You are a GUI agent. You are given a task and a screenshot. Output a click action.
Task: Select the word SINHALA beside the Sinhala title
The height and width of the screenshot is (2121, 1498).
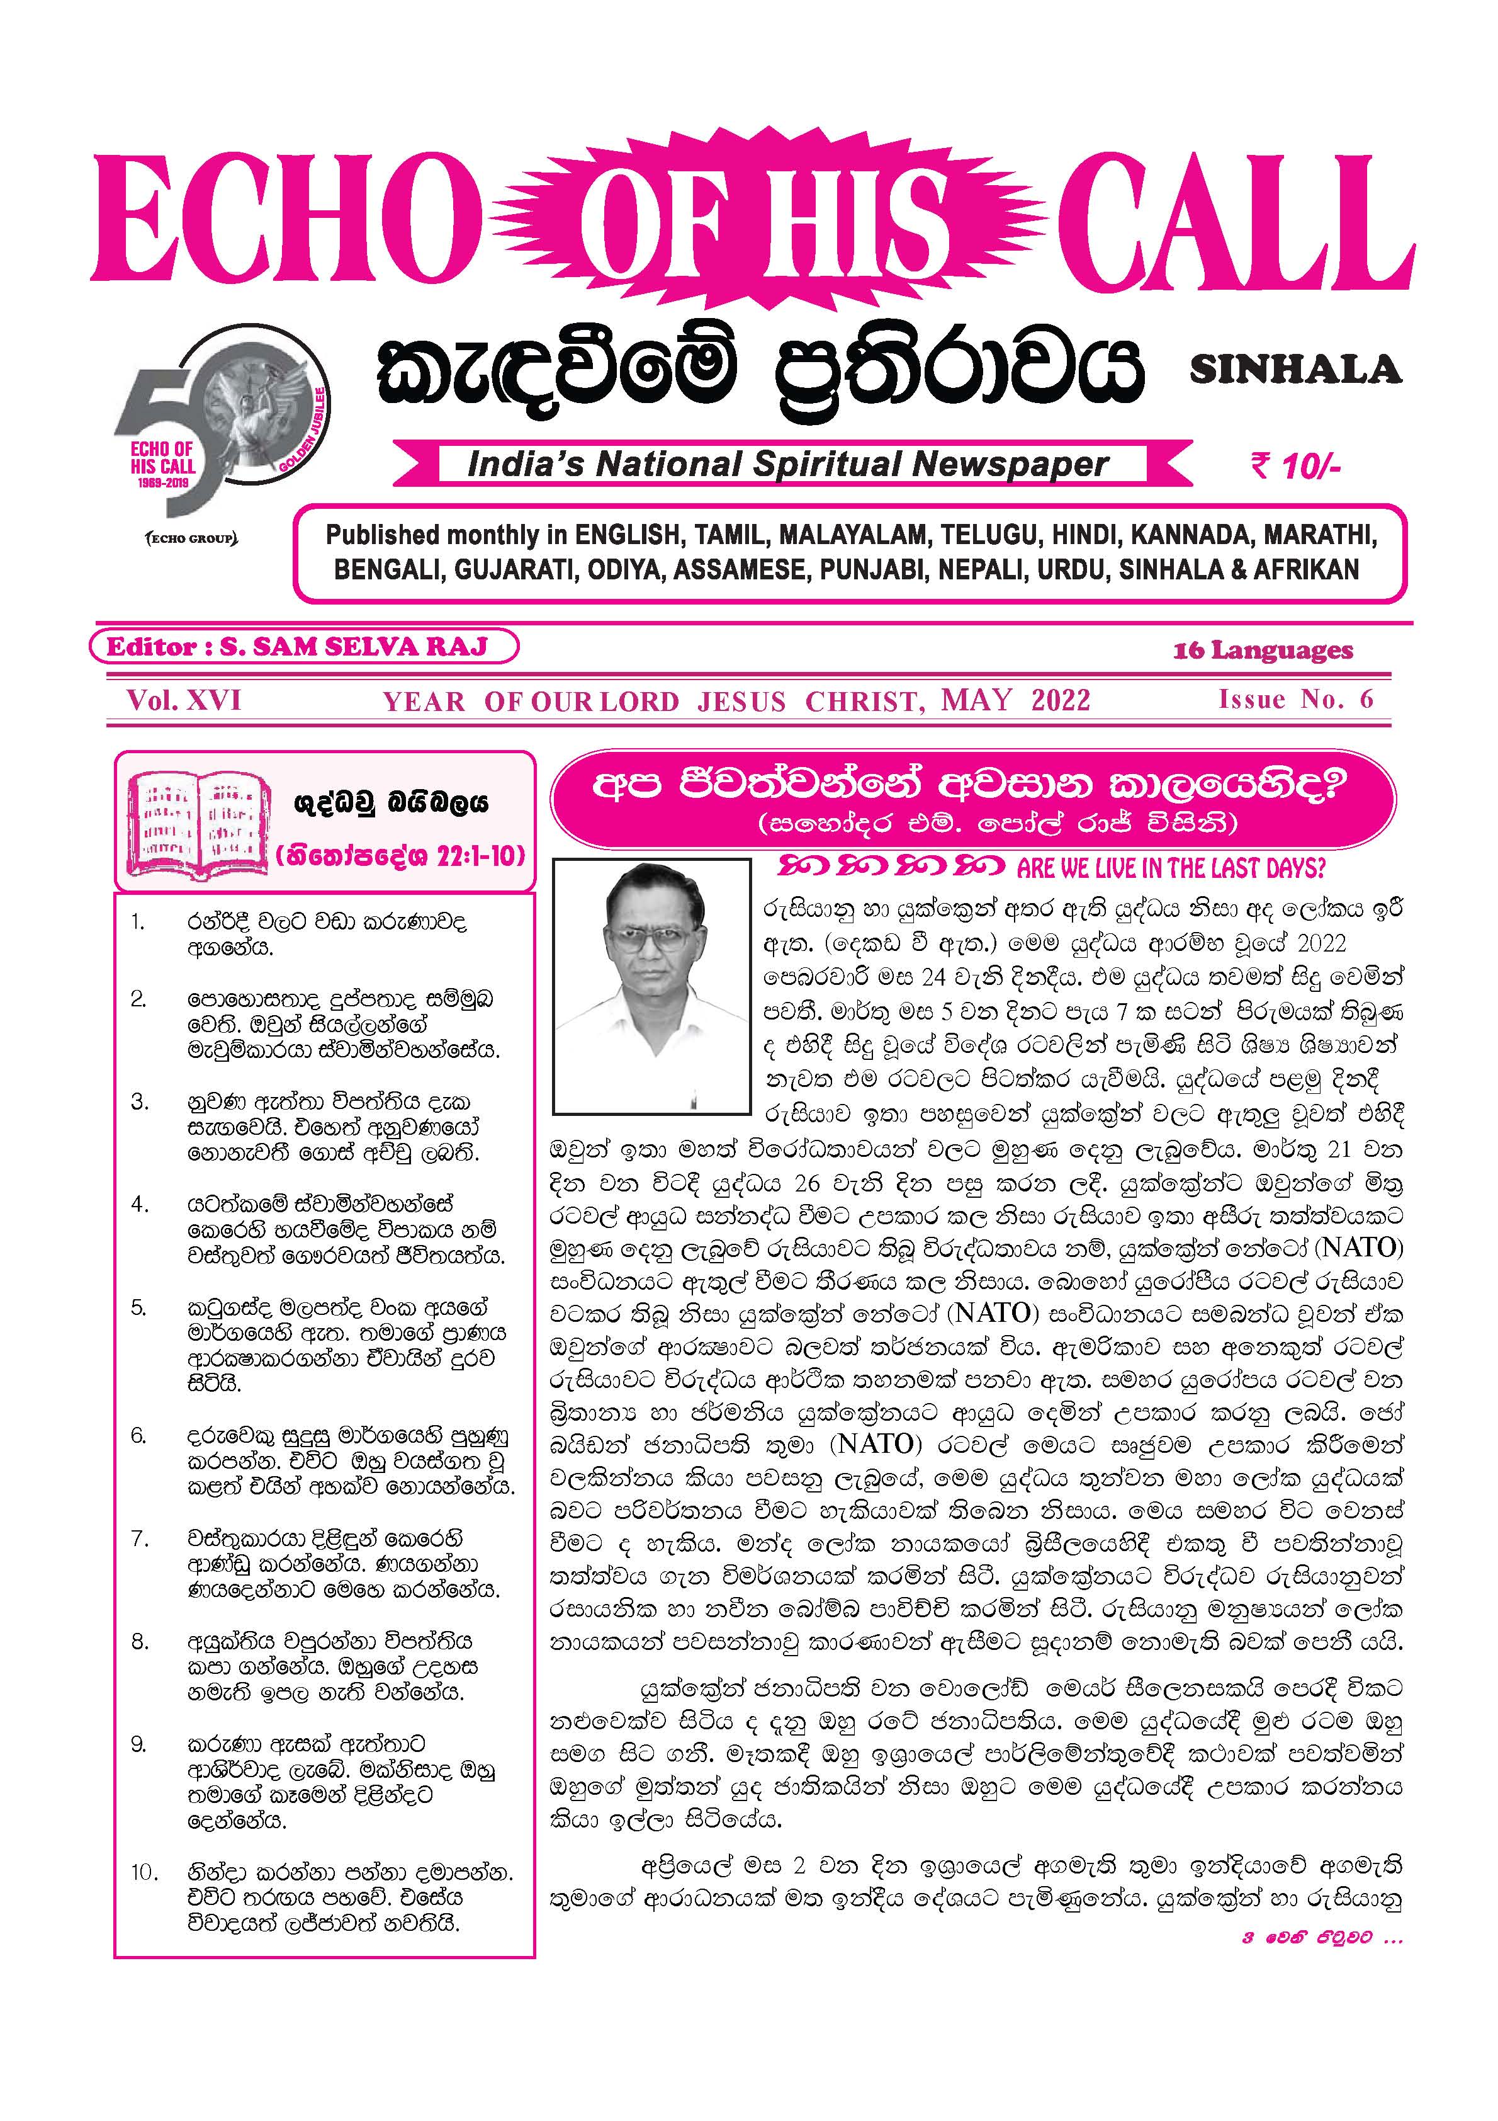click(1295, 370)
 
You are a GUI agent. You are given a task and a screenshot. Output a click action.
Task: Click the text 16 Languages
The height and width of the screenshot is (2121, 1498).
click(1263, 651)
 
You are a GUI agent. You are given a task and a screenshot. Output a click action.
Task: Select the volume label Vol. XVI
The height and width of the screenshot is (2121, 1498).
click(184, 700)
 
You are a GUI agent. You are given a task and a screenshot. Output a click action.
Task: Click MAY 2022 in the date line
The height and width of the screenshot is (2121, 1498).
click(1015, 700)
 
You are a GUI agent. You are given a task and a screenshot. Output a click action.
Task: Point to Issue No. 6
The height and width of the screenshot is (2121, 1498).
click(1295, 699)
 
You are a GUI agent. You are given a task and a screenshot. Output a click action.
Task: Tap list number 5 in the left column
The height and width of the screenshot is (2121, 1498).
click(138, 1308)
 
